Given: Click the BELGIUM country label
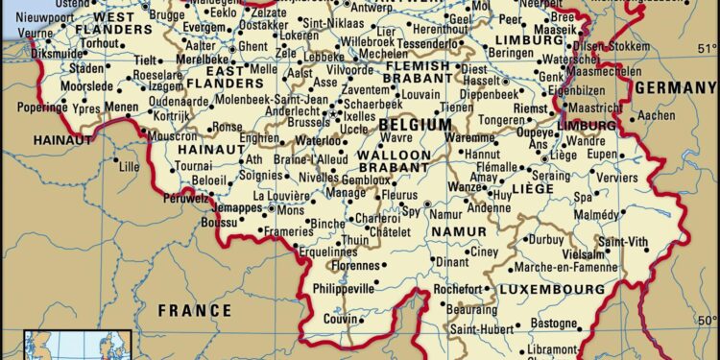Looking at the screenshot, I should [x=415, y=125].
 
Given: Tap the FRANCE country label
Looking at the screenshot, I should [x=195, y=310].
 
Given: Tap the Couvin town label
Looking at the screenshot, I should [x=339, y=319].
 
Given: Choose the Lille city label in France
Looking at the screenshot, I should [x=127, y=165].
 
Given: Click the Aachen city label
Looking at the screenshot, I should [x=657, y=115].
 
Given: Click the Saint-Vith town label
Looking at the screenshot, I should [x=623, y=240].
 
